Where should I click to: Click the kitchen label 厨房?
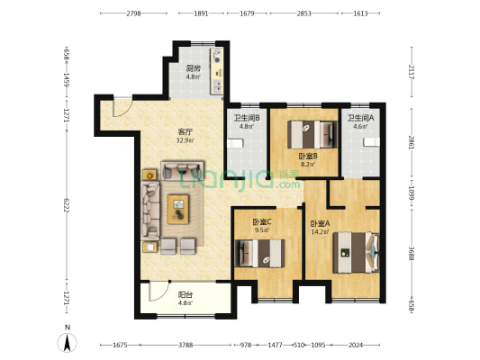point(193,68)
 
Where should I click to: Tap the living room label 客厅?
point(186,132)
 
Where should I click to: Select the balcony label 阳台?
point(186,295)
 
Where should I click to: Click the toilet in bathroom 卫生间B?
point(235,143)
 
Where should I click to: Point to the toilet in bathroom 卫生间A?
point(372,142)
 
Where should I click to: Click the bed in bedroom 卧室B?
point(312,135)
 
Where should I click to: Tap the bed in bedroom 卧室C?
point(259,253)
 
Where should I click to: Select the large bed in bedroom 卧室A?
point(356,253)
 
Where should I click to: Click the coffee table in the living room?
point(178,209)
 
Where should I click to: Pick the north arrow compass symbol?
point(68,342)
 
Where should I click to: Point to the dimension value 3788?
point(186,346)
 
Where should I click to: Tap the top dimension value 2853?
point(304,13)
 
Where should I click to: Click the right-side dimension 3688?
point(412,254)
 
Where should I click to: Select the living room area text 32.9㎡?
point(186,140)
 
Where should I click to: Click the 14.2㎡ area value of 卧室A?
point(320,232)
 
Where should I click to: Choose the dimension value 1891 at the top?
point(201,13)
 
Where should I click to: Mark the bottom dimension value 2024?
point(356,346)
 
